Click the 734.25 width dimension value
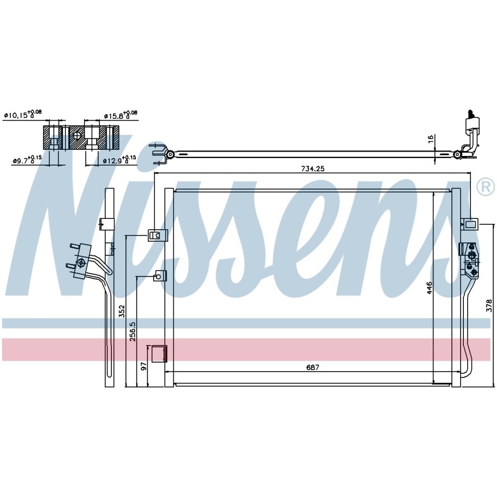312,168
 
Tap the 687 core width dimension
312,367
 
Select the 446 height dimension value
430,288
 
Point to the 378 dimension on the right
489,305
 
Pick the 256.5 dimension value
133,331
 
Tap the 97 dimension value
143,366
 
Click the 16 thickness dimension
431,140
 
